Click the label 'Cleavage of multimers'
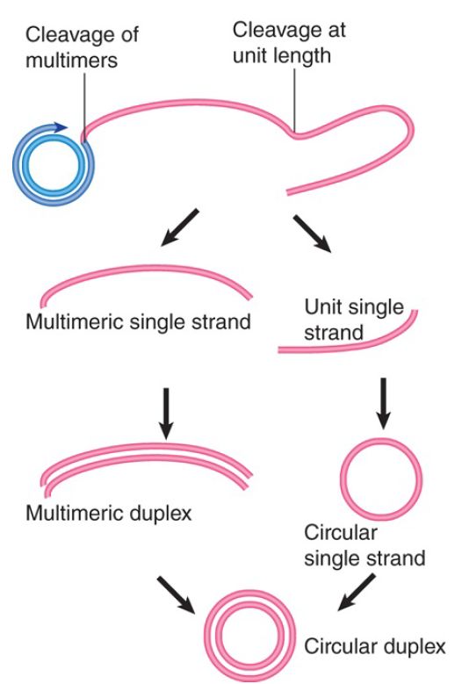coord(82,47)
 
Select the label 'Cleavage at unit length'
coord(289,43)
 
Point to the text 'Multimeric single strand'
coord(138,322)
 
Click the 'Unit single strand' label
coord(354,320)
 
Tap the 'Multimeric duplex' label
coord(109,513)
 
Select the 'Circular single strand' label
coord(365,546)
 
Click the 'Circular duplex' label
coord(375,646)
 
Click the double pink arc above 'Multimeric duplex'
coord(147,449)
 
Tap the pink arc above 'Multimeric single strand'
coord(147,268)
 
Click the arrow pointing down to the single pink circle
coord(383,403)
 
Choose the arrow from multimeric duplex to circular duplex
coord(177,595)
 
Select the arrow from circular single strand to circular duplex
coord(357,593)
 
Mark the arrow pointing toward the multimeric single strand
coord(180,227)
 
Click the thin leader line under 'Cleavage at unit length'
coord(294,99)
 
